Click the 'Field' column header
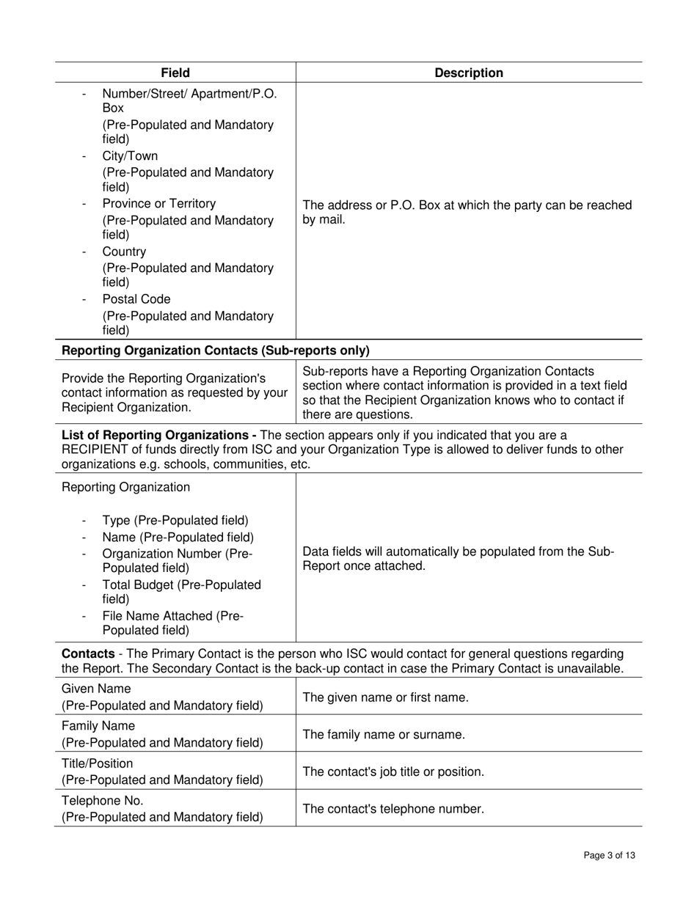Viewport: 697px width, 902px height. (x=175, y=73)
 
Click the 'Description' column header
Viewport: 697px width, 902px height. (x=469, y=73)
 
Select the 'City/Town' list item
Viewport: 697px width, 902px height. (x=130, y=156)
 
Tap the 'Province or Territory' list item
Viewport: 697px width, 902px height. (x=158, y=203)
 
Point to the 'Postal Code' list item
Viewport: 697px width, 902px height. (x=136, y=299)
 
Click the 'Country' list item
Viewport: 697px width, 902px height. (x=124, y=252)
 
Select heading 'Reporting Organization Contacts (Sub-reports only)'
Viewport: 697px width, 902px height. (x=216, y=351)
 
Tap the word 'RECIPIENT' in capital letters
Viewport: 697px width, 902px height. (x=91, y=449)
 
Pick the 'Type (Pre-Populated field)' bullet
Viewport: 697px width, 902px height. (x=175, y=521)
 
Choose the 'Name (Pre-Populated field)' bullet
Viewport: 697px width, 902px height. (x=178, y=538)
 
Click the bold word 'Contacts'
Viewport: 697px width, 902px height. (x=87, y=653)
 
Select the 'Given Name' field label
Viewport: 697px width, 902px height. (x=96, y=689)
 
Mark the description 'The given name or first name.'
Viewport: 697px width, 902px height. (x=385, y=697)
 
